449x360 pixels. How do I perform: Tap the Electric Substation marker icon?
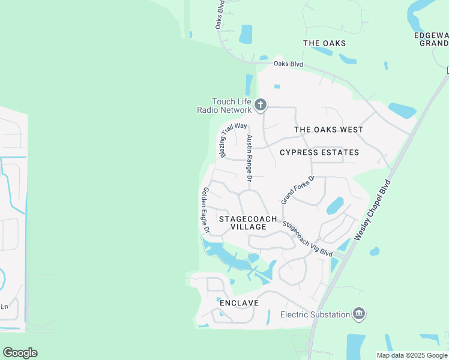tap(359, 314)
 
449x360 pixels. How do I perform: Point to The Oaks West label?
tap(328, 130)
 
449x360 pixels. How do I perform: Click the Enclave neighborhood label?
tap(239, 303)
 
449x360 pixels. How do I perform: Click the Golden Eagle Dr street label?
tap(205, 210)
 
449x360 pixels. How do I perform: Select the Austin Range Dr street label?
tap(250, 158)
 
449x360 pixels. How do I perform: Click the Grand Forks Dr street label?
tap(298, 190)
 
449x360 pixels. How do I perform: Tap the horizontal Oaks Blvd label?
tap(288, 64)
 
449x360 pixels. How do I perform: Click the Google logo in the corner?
tap(20, 353)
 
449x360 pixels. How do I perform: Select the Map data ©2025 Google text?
tap(412, 355)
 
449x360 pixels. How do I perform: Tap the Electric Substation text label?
tap(315, 314)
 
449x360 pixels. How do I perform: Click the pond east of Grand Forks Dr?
tap(335, 205)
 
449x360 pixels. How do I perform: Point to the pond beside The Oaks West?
tap(402, 110)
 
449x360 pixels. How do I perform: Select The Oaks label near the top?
tap(324, 43)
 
